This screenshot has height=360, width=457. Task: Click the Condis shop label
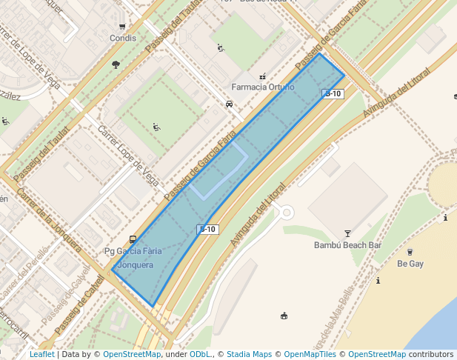122,38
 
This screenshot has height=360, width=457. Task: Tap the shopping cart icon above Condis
122,27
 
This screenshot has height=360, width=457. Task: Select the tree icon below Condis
116,65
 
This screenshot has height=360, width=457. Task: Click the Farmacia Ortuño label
262,87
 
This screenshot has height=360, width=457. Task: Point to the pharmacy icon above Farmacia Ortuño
262,76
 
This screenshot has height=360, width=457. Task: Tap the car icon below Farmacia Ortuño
229,104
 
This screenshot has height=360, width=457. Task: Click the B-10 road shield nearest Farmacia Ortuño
333,93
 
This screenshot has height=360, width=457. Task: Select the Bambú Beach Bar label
347,244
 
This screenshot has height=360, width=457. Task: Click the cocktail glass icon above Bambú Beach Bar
347,233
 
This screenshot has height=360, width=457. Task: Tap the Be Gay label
410,263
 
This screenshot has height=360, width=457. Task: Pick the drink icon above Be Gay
410,252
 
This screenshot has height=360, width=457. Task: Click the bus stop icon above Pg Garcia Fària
133,239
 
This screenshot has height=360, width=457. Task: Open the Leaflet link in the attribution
41,354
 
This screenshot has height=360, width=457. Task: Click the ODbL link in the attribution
200,354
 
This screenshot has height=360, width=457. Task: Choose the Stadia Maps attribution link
249,354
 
